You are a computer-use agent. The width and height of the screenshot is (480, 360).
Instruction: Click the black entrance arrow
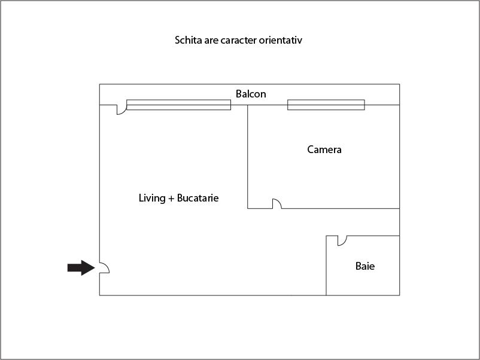click(81, 268)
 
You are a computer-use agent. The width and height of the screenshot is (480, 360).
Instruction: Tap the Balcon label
click(251, 94)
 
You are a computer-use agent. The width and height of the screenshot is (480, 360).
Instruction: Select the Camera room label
click(324, 150)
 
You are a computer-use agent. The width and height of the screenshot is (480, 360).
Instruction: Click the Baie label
click(365, 266)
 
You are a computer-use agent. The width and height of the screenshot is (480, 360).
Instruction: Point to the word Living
click(152, 198)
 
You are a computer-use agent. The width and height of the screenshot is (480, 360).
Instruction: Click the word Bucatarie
click(198, 198)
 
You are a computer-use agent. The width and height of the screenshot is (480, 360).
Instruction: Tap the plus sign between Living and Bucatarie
click(171, 199)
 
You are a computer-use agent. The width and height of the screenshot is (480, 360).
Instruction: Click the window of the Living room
click(178, 105)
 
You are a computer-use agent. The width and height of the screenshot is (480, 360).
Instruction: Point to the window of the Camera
click(326, 105)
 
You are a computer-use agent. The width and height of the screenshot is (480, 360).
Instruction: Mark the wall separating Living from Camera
click(247, 157)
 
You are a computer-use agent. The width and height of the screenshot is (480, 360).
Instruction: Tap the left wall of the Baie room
click(326, 266)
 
